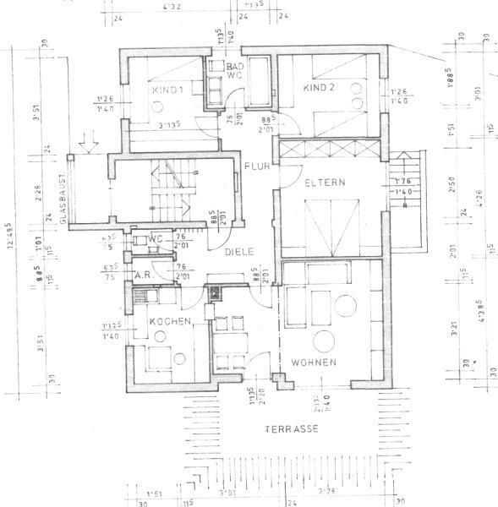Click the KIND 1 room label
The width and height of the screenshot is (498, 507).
pos(168,90)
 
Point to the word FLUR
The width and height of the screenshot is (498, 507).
pos(257,166)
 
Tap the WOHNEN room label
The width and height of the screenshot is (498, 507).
pos(315,363)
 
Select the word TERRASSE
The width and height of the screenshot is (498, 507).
pos(292,429)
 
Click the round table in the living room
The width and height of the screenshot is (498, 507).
pos(326,341)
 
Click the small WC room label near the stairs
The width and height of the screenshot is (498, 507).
pos(155,238)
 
